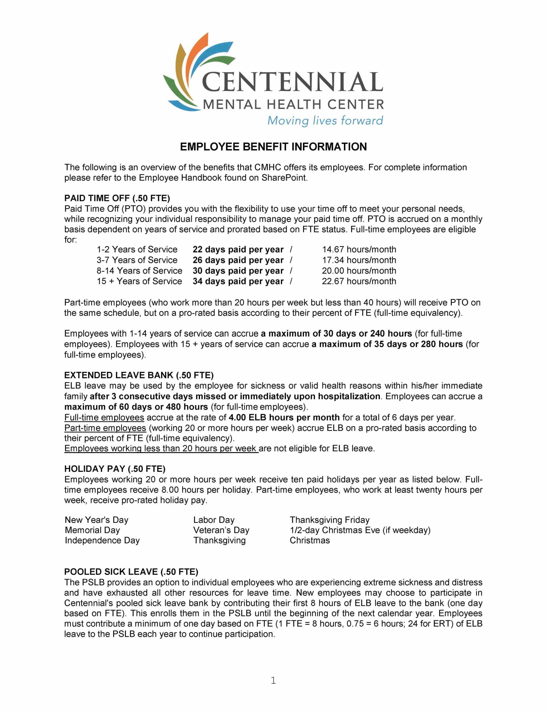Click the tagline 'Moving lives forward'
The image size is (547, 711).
click(x=325, y=120)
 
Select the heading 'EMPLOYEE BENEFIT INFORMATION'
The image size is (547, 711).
click(x=273, y=147)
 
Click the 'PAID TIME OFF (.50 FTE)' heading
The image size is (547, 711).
click(x=117, y=198)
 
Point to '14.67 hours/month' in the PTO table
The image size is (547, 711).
click(x=359, y=249)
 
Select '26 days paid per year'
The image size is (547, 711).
click(x=238, y=260)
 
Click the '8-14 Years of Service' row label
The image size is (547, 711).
click(x=139, y=270)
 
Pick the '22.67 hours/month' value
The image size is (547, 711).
click(x=359, y=281)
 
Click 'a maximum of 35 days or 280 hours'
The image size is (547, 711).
click(x=387, y=344)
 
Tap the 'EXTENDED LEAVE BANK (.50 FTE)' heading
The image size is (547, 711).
click(x=139, y=375)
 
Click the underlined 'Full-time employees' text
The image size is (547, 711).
click(x=104, y=417)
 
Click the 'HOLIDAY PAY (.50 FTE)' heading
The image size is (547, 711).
click(x=115, y=469)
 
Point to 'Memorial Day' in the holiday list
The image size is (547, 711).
click(x=92, y=530)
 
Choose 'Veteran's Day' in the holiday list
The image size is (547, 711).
click(x=221, y=530)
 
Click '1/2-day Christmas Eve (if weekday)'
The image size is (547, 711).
click(x=360, y=530)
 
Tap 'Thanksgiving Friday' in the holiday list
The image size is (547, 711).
click(x=329, y=520)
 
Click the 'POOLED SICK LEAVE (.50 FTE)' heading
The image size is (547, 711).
click(x=131, y=571)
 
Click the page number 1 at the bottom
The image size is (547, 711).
click(x=273, y=680)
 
